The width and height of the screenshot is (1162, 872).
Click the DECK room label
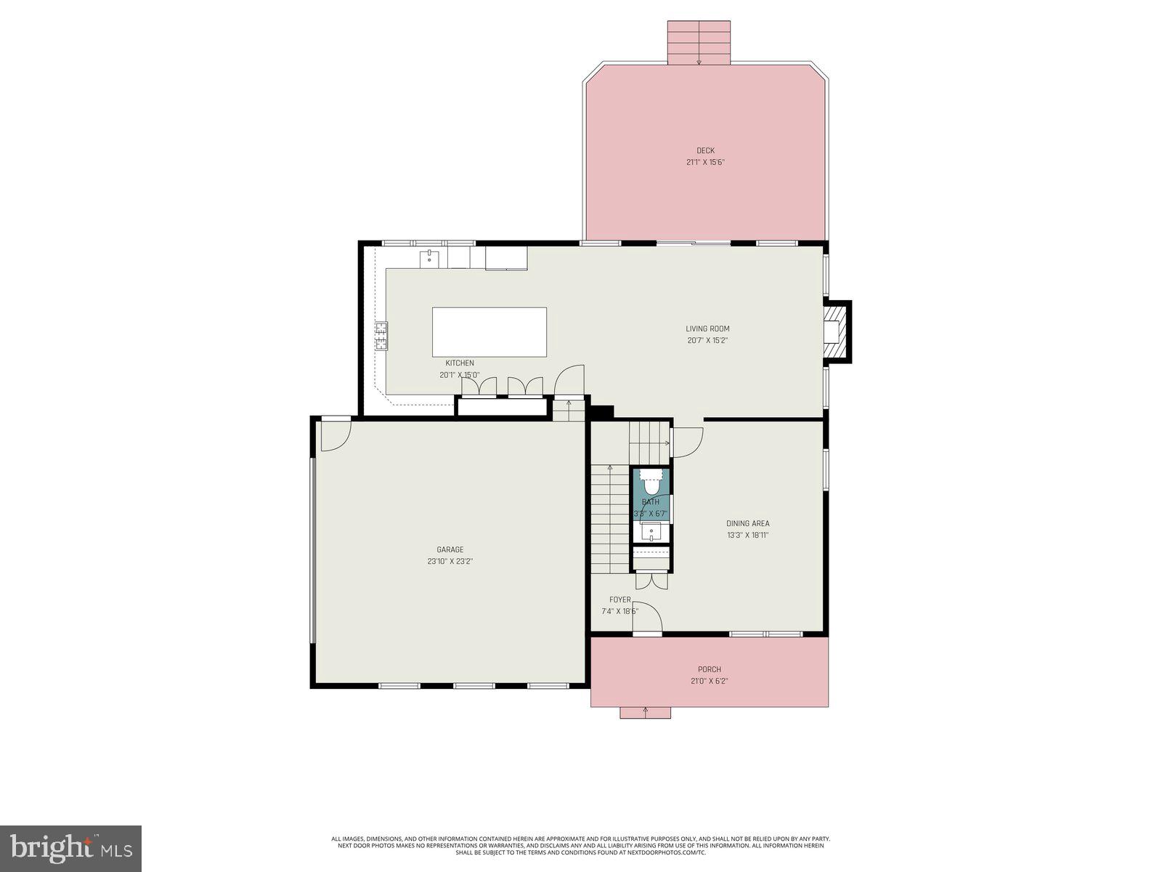click(705, 150)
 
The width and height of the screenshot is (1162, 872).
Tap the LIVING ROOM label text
click(707, 328)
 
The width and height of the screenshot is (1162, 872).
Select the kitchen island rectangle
click(489, 332)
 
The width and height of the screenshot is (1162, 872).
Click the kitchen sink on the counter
click(429, 257)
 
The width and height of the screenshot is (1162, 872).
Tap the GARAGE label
click(450, 549)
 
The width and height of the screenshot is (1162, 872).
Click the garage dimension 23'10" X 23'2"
click(450, 561)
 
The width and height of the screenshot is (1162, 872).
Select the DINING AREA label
click(747, 523)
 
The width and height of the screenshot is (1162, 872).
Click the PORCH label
click(709, 669)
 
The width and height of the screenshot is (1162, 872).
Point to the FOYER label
click(619, 599)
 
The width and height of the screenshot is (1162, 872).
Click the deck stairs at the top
click(699, 43)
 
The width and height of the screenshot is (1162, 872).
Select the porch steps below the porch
click(645, 712)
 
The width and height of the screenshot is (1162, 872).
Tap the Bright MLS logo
click(70, 848)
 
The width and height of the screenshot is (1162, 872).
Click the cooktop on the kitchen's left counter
click(381, 336)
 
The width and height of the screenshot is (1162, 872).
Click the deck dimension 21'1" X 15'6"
click(705, 162)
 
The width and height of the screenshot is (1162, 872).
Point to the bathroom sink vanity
click(651, 533)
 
